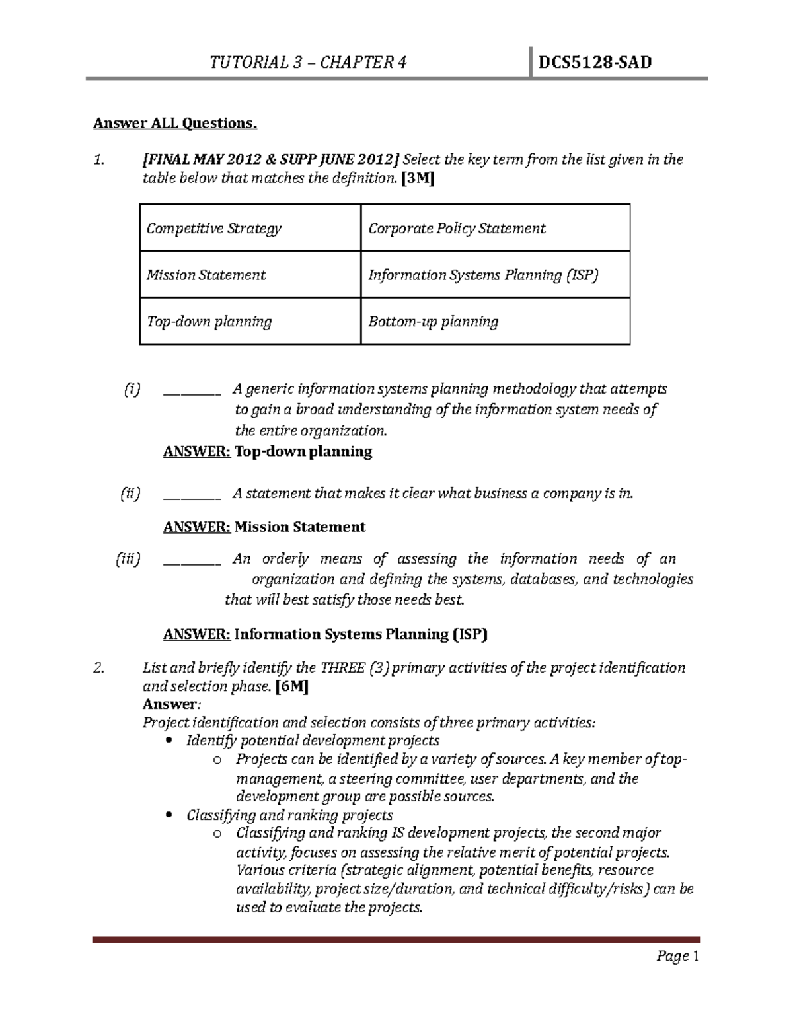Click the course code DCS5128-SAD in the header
click(x=595, y=63)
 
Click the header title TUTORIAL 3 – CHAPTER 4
click(x=308, y=63)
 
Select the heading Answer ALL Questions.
click(x=174, y=123)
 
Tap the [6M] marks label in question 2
click(x=291, y=686)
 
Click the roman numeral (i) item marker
click(x=132, y=389)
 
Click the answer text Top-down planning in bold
click(x=303, y=452)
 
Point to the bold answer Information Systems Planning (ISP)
click(x=361, y=634)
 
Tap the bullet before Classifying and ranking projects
click(x=171, y=815)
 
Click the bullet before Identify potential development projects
click(x=171, y=741)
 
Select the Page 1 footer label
click(x=677, y=956)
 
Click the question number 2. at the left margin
click(x=99, y=667)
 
